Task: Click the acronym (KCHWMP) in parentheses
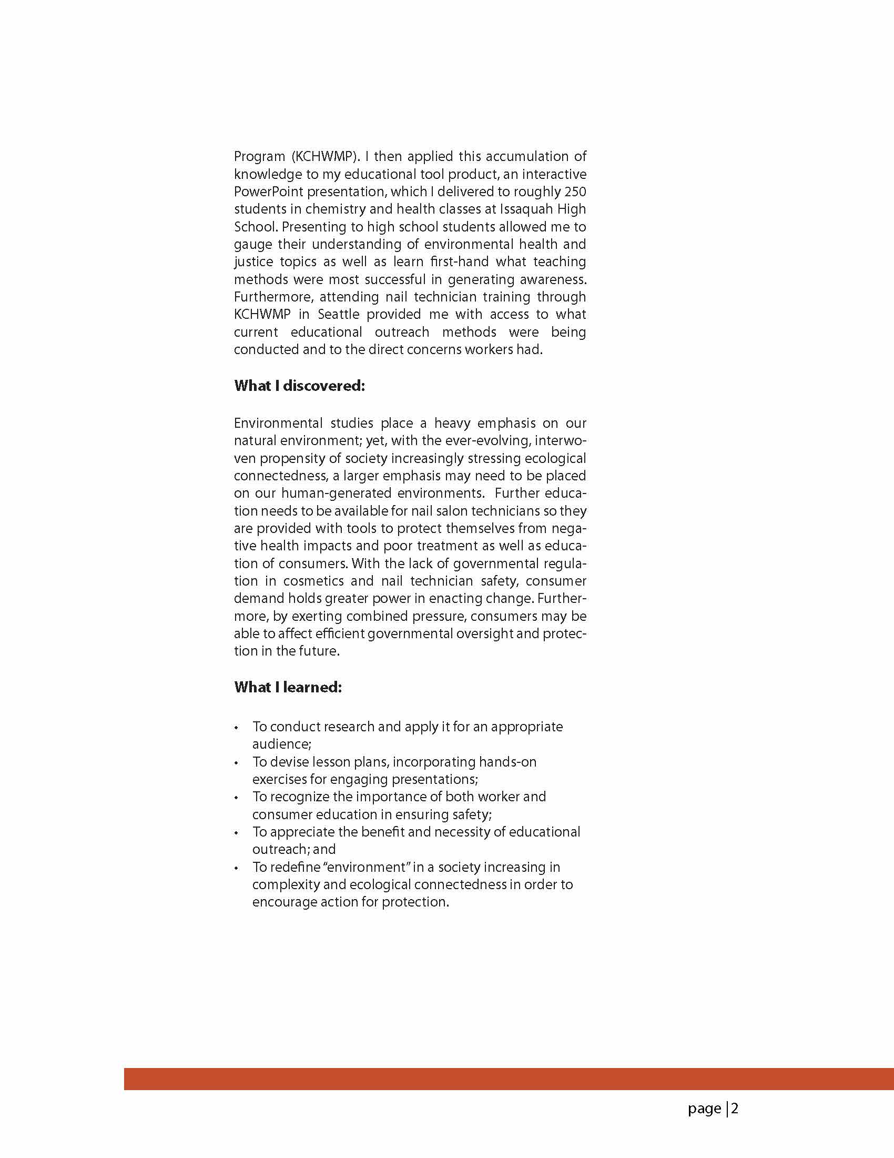pyautogui.click(x=324, y=157)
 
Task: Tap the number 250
pyautogui.click(x=575, y=192)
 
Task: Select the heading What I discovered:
pyautogui.click(x=299, y=386)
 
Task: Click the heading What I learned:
pyautogui.click(x=288, y=687)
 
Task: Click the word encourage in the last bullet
pyautogui.click(x=284, y=902)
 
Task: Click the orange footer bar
pyautogui.click(x=509, y=1079)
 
